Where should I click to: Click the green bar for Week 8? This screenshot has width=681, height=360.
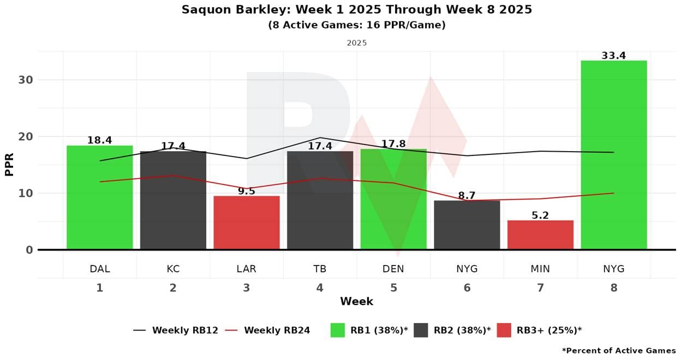613,155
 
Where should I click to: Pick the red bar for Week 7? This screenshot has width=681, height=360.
540,235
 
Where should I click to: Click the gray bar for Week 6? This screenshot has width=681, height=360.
467,225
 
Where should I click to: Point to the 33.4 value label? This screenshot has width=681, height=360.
613,56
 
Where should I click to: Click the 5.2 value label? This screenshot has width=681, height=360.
540,215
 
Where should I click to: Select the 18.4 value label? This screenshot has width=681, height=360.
99,140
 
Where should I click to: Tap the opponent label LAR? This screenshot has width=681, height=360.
246,269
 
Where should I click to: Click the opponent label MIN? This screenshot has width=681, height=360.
540,269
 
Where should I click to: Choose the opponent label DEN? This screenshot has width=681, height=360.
393,269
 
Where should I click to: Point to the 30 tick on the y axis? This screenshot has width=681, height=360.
26,80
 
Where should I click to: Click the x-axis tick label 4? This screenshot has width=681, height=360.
320,288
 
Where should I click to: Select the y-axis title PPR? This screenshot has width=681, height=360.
9,165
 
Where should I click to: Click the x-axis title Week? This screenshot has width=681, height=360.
356,301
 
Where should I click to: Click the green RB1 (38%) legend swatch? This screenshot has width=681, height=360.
338,330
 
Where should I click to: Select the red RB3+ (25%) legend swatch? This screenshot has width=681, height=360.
504,330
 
